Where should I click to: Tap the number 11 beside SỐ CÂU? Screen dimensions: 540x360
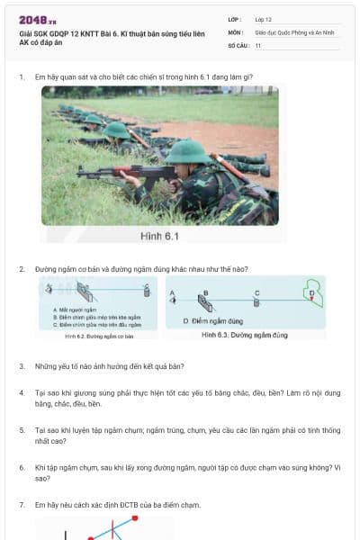pyautogui.click(x=258, y=44)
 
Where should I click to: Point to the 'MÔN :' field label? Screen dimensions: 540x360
pyautogui.click(x=236, y=31)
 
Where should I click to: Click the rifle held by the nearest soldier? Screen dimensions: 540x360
pyautogui.click(x=117, y=170)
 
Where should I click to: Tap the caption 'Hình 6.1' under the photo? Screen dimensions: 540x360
pyautogui.click(x=160, y=236)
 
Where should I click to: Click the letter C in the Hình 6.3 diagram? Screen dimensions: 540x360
pyautogui.click(x=257, y=292)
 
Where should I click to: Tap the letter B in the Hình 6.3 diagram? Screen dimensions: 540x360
pyautogui.click(x=206, y=292)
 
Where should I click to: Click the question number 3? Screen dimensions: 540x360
pyautogui.click(x=22, y=367)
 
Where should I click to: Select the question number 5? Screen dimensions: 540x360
pyautogui.click(x=22, y=430)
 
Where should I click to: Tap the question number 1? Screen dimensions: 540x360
pyautogui.click(x=22, y=77)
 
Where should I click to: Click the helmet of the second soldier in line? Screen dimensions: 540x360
pyautogui.click(x=116, y=130)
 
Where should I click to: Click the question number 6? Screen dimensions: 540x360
pyautogui.click(x=22, y=468)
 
